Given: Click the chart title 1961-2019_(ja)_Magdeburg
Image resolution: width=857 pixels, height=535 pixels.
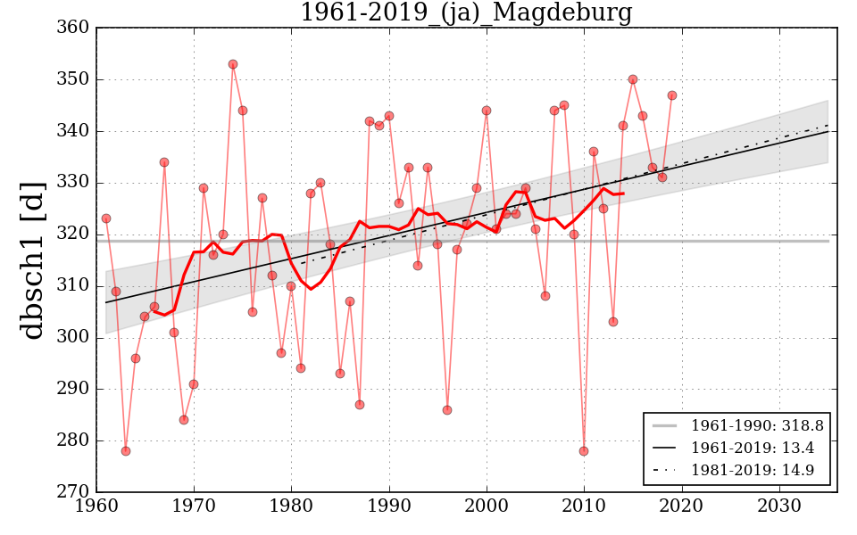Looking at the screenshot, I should [x=466, y=13].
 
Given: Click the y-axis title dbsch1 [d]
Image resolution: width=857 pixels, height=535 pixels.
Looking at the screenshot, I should [x=33, y=259].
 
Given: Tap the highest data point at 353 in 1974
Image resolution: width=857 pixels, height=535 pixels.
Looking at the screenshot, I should [x=233, y=64].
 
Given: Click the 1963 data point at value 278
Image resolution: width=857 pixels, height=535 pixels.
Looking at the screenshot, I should [x=126, y=451].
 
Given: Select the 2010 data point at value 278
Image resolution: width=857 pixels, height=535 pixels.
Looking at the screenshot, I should [x=584, y=451].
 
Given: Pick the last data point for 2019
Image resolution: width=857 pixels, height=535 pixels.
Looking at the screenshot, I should [x=672, y=95].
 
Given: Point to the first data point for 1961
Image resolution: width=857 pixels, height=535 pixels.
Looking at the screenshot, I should [x=106, y=218].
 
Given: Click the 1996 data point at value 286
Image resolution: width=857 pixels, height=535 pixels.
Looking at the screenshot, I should [x=447, y=410].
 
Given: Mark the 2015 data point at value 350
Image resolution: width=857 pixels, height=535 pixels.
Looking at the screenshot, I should [x=633, y=79].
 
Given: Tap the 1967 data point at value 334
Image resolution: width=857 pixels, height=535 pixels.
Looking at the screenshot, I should [x=164, y=162].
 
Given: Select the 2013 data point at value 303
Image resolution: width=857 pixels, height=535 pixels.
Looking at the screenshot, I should [x=613, y=322].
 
